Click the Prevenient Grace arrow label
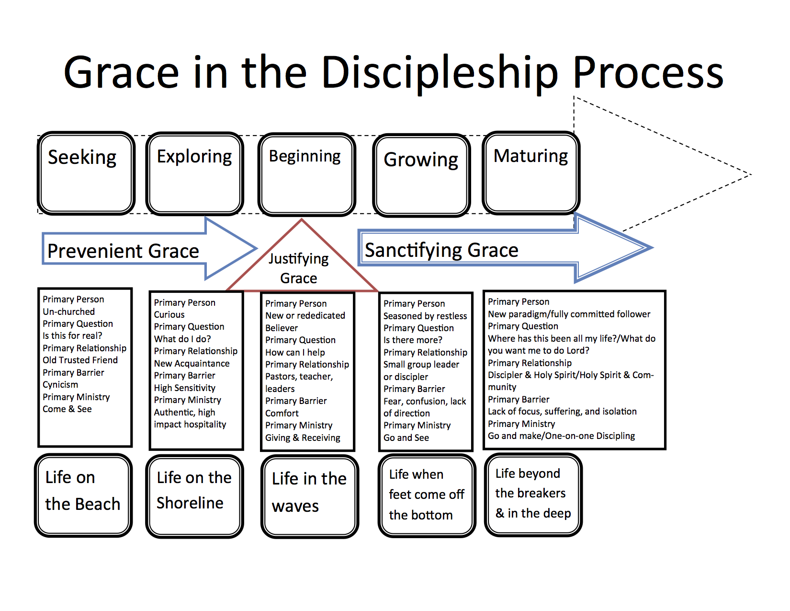(123, 251)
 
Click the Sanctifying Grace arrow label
(441, 250)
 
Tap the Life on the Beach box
(83, 495)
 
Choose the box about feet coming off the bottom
(427, 496)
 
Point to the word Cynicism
(60, 385)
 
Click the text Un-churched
(69, 311)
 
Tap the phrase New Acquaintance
(192, 363)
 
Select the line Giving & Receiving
(303, 438)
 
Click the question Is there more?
(413, 340)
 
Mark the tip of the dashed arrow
(751, 175)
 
